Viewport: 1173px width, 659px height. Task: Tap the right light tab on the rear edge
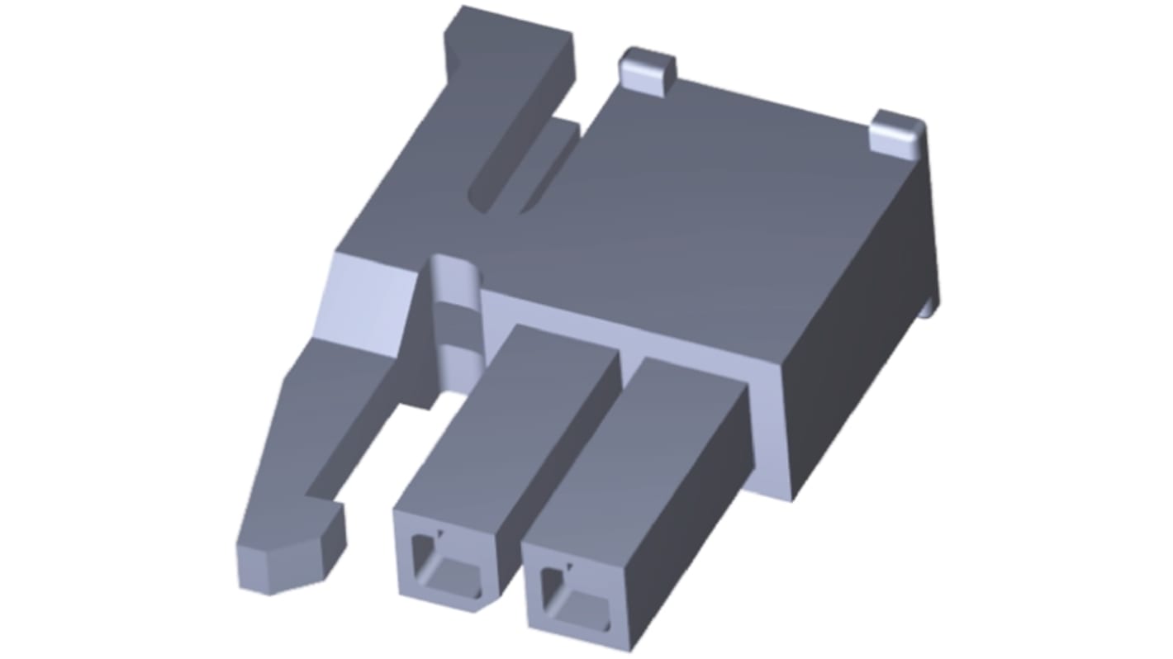[x=899, y=132]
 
